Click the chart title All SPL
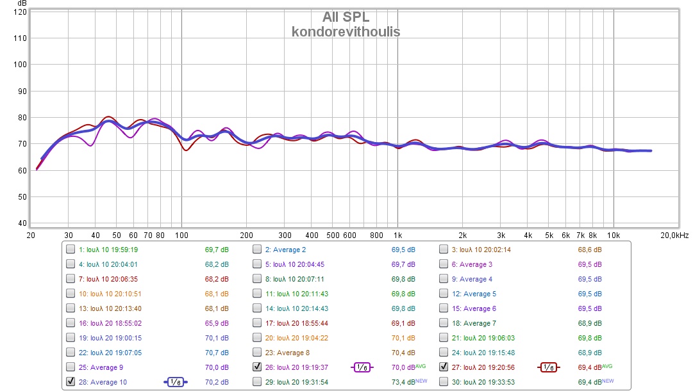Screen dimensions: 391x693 point(346,17)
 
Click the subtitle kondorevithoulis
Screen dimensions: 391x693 point(346,31)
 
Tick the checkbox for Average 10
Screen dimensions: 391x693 point(71,382)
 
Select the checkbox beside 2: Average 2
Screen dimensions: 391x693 point(257,250)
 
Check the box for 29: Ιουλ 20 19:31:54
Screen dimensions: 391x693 point(257,382)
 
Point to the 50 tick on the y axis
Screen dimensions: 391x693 point(22,197)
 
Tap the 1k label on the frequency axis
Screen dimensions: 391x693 point(397,235)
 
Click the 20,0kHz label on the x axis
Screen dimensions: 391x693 point(674,235)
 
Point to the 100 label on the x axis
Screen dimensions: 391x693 point(181,235)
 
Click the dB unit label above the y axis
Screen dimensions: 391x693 point(22,4)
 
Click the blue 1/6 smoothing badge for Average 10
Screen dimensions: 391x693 point(176,382)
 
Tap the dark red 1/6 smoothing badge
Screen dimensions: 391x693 point(548,367)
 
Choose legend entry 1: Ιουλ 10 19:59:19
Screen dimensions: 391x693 point(108,250)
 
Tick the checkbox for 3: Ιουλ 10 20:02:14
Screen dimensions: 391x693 point(444,250)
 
